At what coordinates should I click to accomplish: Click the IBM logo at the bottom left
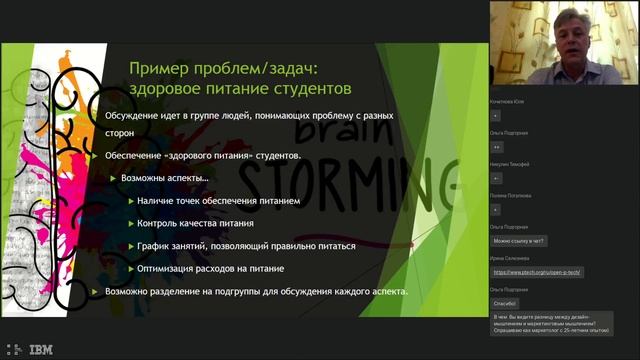[x=41, y=349]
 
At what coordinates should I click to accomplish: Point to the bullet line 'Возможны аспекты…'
[x=165, y=178]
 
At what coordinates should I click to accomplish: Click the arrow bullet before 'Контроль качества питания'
[x=130, y=223]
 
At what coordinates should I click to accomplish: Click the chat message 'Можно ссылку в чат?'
[x=518, y=240]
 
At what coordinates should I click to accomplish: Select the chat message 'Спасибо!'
[x=505, y=302]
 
